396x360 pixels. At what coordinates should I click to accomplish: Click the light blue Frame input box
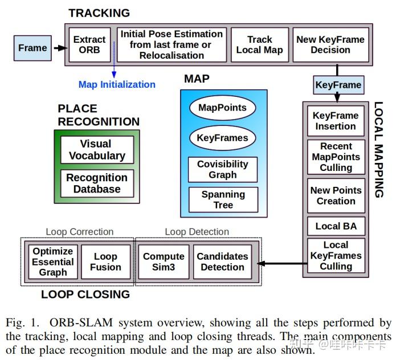(32, 48)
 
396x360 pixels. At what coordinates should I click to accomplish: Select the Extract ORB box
(89, 45)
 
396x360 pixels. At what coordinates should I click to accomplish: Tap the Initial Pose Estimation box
(172, 45)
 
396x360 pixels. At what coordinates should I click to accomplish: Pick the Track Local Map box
(259, 45)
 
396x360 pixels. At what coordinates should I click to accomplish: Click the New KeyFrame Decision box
(330, 45)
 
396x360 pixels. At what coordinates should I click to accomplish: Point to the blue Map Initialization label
(117, 85)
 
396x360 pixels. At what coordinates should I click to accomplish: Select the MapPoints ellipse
(222, 108)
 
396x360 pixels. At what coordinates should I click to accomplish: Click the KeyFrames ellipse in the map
(222, 138)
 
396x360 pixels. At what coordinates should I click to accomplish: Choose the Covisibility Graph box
(222, 170)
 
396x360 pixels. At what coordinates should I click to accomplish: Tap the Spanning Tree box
(223, 199)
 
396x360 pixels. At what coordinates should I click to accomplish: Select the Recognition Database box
(97, 183)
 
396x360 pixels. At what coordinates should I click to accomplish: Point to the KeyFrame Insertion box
(336, 121)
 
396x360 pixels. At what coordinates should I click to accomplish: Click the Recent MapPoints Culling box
(336, 157)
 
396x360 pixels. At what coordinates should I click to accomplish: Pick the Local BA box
(336, 226)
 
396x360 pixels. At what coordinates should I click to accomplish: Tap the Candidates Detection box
(222, 262)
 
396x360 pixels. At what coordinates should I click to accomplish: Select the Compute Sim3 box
(164, 262)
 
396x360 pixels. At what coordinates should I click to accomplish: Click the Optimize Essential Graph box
(52, 262)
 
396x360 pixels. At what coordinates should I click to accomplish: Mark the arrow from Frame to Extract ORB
(59, 48)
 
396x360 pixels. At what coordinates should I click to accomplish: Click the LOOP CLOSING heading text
(85, 294)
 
